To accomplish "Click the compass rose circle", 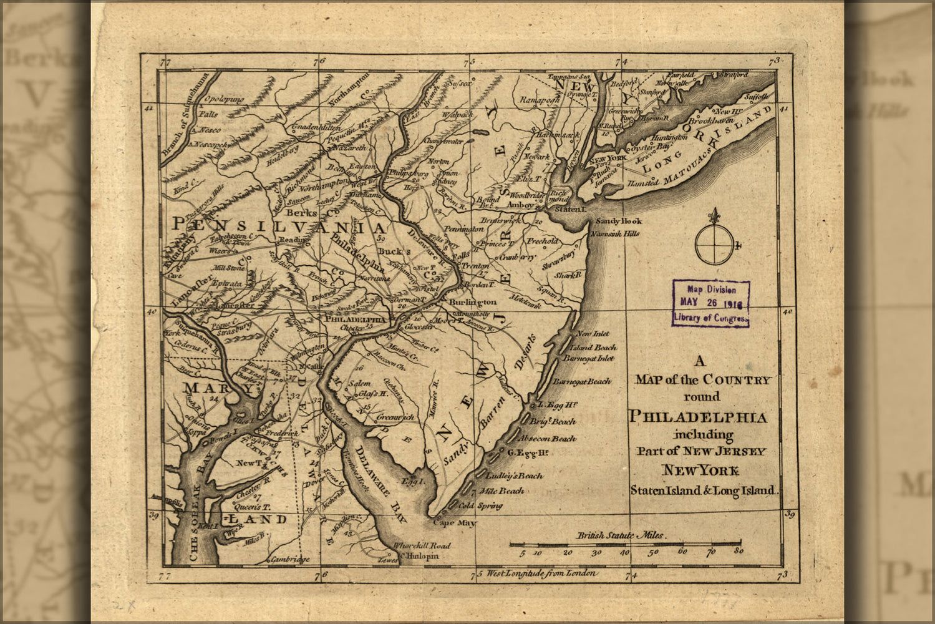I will [x=715, y=244].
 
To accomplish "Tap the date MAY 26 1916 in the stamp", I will [x=710, y=302].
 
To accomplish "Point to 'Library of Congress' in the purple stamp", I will [x=710, y=318].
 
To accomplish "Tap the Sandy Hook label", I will [x=618, y=221].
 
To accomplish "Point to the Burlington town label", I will [x=472, y=302].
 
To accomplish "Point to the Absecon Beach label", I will [x=555, y=439].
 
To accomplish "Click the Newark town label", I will [x=536, y=157].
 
